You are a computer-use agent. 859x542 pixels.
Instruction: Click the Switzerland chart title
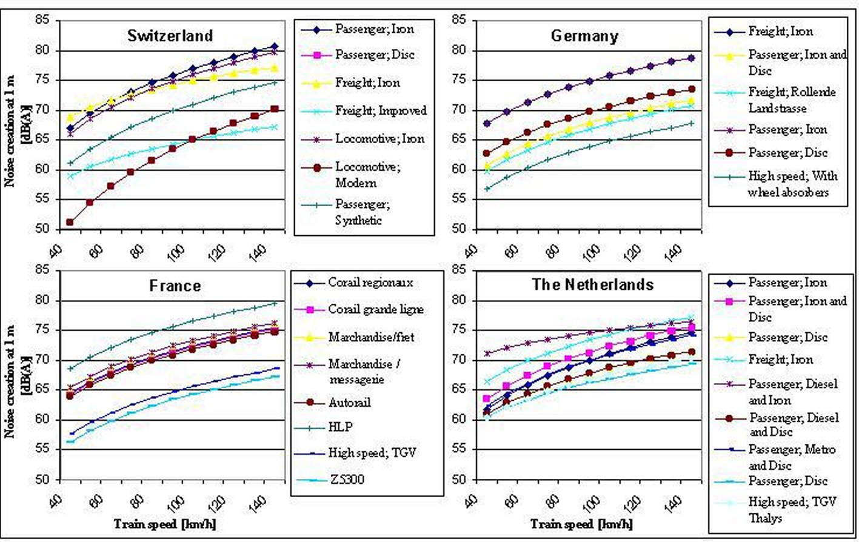170,36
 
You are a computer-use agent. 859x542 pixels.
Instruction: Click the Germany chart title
584,36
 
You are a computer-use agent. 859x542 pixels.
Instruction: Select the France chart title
175,286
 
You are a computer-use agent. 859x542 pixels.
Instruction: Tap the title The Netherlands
593,284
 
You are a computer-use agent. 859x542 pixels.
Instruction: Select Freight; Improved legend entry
381,111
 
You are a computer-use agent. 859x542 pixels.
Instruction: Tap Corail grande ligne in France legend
376,310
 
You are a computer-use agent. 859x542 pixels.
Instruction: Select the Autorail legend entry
349,403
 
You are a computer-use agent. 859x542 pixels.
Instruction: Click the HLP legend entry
340,427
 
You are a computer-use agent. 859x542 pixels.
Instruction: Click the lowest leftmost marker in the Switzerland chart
70,222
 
